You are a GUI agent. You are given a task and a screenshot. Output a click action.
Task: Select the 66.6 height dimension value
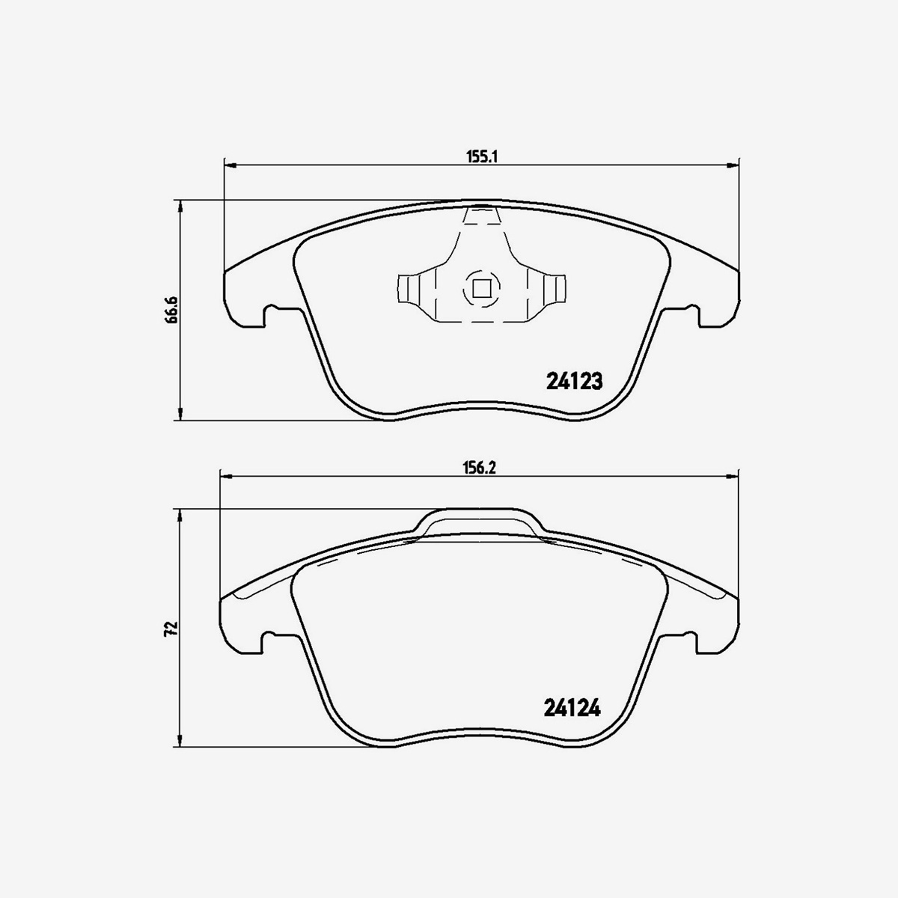(x=172, y=309)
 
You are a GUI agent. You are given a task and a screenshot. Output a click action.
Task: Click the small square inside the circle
(x=479, y=287)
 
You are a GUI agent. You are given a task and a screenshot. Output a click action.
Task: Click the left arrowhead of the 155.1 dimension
(x=230, y=165)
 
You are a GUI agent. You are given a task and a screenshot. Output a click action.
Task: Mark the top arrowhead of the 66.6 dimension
(x=180, y=206)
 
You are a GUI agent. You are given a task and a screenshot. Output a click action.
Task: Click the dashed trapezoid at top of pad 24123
(x=480, y=216)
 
